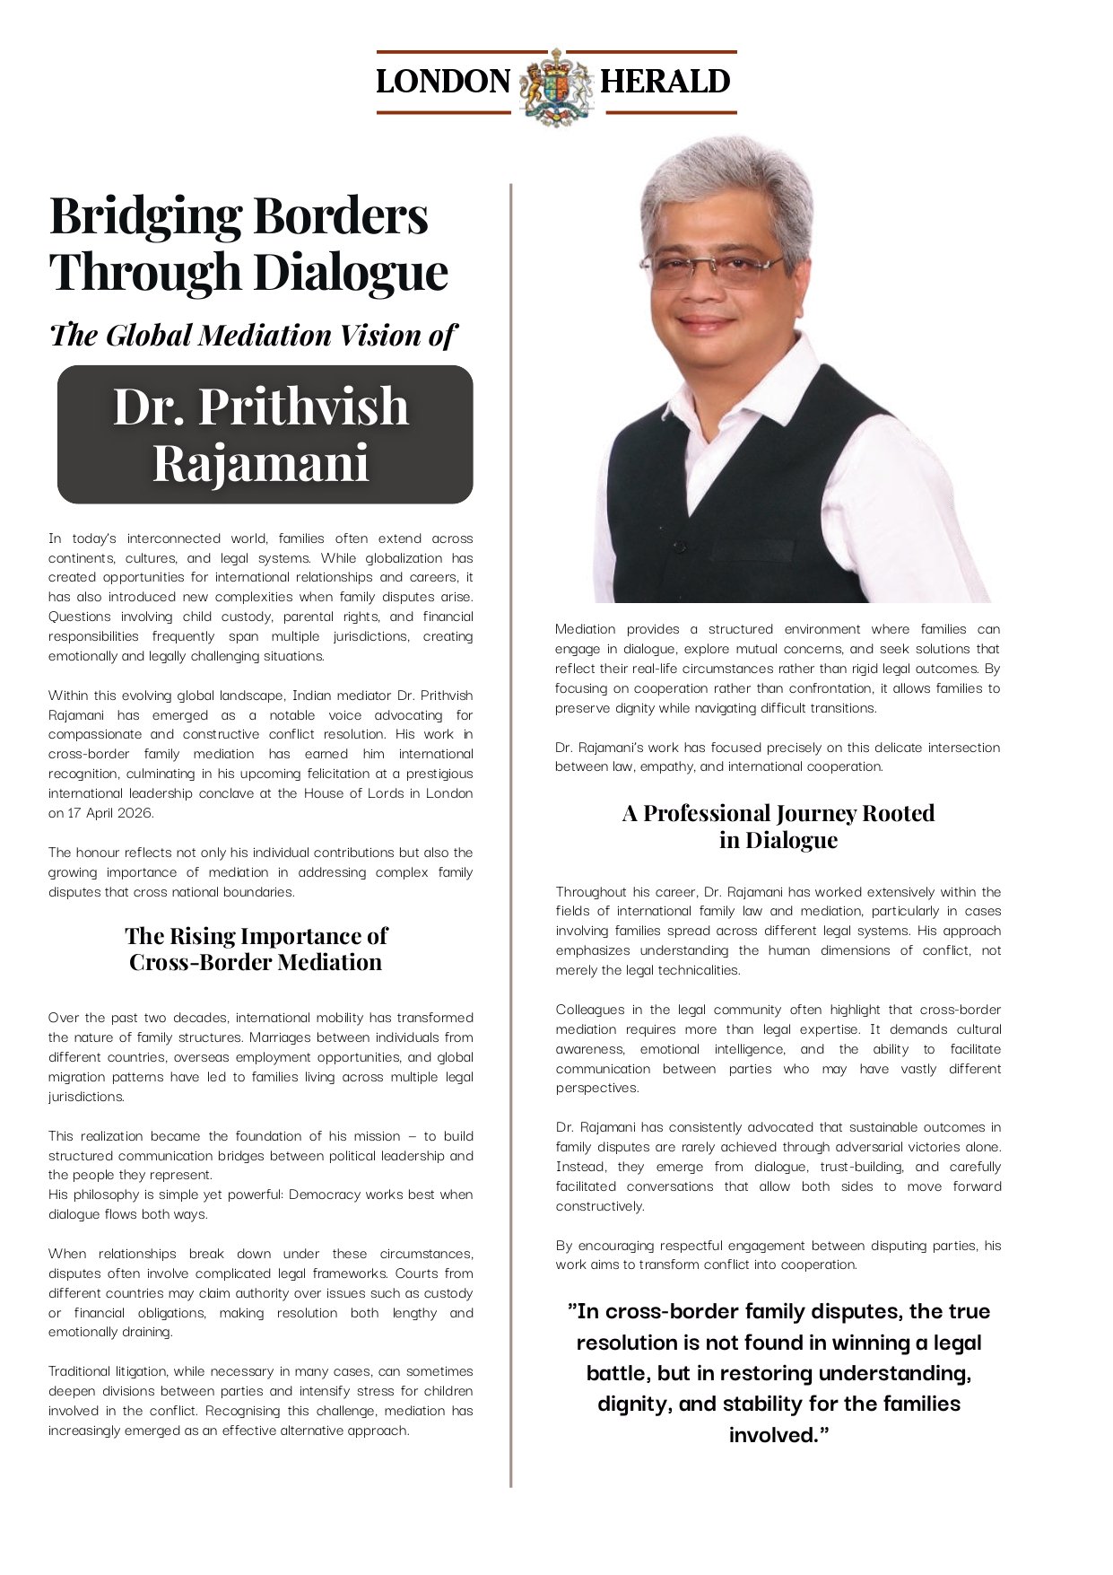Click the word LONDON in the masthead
pos(443,82)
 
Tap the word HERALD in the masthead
pos(665,82)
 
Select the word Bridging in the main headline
pos(144,217)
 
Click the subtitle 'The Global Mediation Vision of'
pos(253,335)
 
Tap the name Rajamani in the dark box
pos(261,464)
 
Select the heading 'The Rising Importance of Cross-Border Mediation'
pos(256,949)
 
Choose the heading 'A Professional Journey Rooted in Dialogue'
pos(778,826)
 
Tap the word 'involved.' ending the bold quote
pos(778,1435)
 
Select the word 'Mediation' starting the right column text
pos(585,629)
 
